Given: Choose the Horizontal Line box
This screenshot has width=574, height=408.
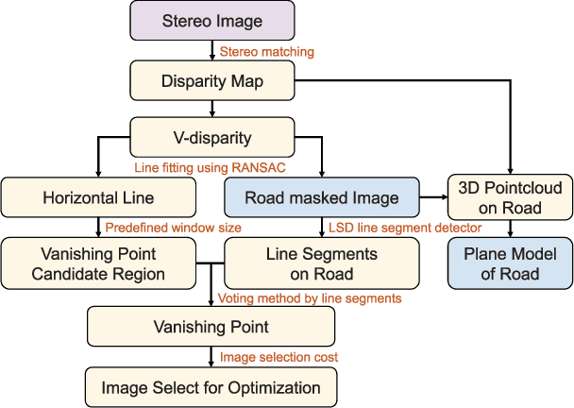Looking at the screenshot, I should (x=98, y=198).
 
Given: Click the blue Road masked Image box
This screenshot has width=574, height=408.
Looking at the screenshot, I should (x=320, y=198).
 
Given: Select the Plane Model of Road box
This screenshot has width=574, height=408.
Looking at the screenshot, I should (x=511, y=263).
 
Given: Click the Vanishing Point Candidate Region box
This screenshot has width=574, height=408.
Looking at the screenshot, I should (x=98, y=264).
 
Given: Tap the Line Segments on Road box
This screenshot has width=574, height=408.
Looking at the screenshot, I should (x=321, y=264).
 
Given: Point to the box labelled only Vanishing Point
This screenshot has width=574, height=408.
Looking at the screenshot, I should (x=211, y=327).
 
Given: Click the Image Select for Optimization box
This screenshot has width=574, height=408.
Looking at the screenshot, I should (x=211, y=387).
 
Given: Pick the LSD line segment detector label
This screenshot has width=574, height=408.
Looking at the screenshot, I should (x=405, y=228).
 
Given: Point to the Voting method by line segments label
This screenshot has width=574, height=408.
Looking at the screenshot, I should (x=310, y=298).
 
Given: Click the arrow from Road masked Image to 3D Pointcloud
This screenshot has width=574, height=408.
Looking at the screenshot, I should (x=432, y=198).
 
